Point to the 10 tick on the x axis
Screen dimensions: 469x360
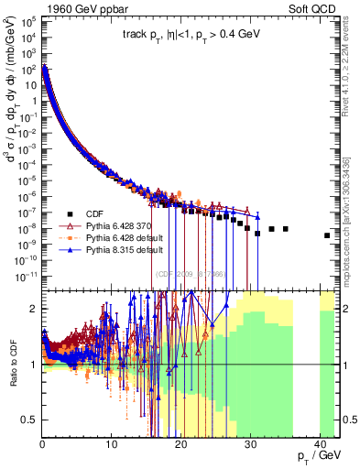pos(111,444)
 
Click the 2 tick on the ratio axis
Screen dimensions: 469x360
pos(35,309)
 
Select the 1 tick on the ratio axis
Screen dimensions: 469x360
pos(35,365)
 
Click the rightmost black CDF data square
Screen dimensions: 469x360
pos(327,235)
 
